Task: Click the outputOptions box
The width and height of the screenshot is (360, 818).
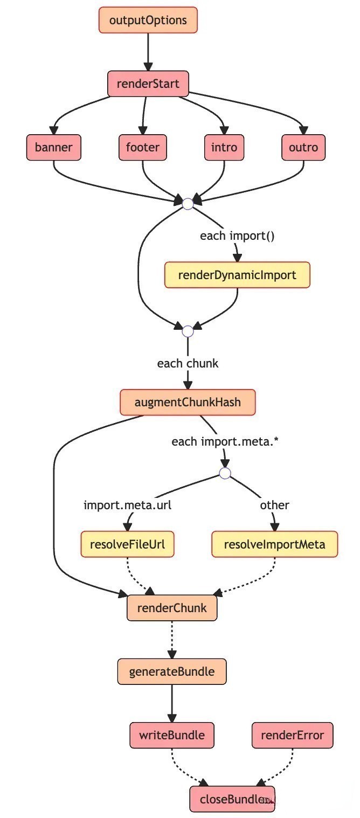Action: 148,20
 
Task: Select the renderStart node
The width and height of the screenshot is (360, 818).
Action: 148,84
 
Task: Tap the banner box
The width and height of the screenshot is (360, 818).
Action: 54,147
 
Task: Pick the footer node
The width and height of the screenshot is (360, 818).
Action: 143,147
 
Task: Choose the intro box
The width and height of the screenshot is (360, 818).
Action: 224,147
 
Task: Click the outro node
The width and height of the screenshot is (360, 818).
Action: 303,147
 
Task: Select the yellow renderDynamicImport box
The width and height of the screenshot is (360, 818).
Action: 237,275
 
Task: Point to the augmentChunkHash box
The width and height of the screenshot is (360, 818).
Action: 188,402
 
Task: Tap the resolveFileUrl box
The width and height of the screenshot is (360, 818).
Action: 127,544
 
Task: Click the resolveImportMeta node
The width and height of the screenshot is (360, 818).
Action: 274,544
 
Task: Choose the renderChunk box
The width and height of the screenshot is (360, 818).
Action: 172,608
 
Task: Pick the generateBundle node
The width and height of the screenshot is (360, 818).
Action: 172,671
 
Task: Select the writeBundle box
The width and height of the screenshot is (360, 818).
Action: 172,735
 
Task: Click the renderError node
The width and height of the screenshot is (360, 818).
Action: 293,735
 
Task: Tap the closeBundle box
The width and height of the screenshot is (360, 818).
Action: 232,799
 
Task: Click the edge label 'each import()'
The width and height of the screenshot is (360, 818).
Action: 237,235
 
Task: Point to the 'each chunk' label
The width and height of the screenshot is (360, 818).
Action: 188,363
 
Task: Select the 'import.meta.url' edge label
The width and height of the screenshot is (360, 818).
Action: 127,505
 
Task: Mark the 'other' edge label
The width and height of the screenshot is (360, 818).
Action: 274,505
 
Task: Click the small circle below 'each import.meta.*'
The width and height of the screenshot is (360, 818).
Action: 225,473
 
